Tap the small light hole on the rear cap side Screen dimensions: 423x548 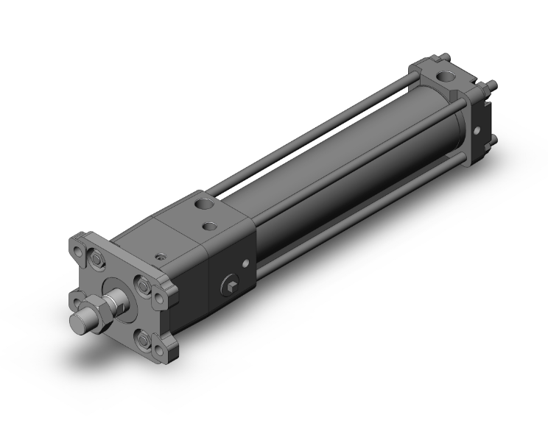[477, 132]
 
